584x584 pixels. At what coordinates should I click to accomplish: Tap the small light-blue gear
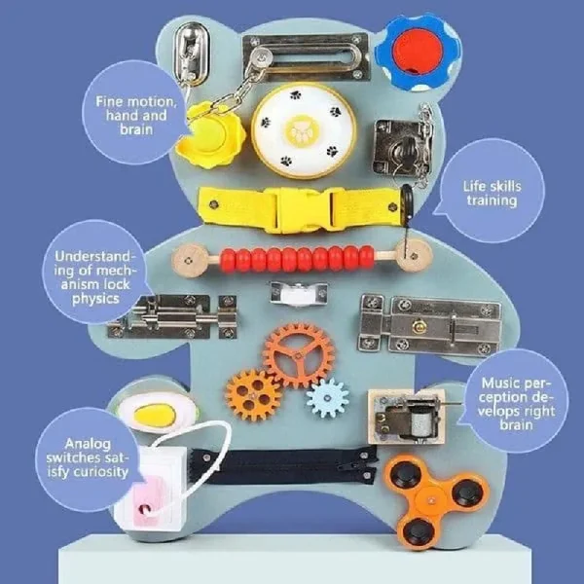(328, 398)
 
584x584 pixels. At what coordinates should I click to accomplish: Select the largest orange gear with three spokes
(299, 355)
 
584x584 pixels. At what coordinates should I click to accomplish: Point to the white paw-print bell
(304, 129)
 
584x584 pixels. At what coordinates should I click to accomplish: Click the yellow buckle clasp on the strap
(305, 209)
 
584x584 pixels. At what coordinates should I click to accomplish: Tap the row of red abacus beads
(297, 259)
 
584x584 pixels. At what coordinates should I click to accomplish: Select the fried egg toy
(157, 413)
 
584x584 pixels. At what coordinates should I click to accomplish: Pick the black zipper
(283, 466)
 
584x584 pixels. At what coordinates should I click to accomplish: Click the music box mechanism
(407, 417)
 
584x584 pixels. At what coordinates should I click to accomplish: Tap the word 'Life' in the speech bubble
(474, 186)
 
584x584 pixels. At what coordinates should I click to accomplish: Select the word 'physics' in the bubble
(95, 299)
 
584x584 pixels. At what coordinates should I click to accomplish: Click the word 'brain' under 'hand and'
(136, 129)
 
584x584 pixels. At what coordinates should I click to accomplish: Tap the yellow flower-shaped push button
(210, 135)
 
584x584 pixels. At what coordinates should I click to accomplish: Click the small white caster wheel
(299, 294)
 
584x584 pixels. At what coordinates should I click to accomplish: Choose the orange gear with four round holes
(253, 395)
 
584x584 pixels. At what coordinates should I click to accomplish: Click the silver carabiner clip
(190, 55)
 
